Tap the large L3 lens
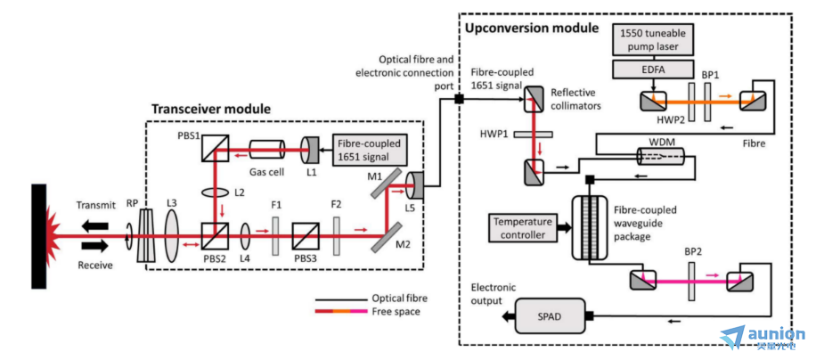(172, 241)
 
